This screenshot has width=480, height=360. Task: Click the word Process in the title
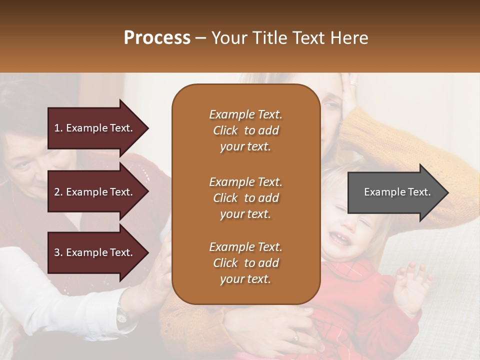157,38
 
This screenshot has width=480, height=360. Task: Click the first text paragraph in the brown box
245,130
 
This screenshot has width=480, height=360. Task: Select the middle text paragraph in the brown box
245,198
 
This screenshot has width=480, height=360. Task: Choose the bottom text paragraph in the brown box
245,263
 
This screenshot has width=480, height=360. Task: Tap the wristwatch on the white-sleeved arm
122,315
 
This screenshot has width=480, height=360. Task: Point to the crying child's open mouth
340,238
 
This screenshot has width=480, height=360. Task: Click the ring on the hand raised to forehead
353,82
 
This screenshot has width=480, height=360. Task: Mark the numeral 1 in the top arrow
56,128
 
